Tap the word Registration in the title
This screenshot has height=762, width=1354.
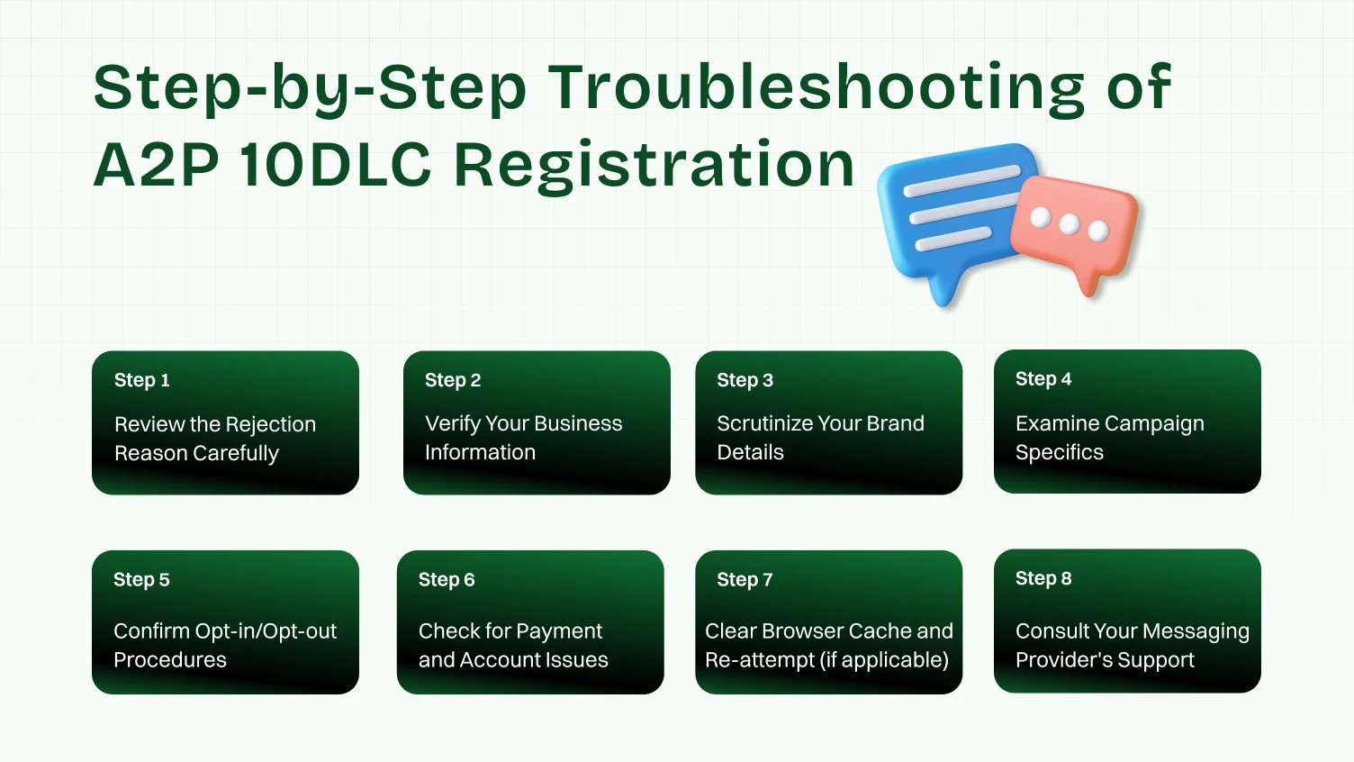point(654,165)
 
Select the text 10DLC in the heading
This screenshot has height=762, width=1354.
point(336,165)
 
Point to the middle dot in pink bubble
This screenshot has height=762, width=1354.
point(1070,224)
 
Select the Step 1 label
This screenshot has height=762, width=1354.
point(141,380)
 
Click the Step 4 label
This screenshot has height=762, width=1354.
point(1043,379)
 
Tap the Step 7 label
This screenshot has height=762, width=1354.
point(745,580)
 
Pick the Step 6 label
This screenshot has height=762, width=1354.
point(447,580)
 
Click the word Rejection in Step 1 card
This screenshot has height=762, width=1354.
point(271,424)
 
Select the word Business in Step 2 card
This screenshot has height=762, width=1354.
point(578,423)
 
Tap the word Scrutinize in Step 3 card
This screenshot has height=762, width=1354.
point(763,423)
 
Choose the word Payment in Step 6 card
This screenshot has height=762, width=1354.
point(559,631)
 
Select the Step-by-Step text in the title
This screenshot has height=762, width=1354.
point(310,87)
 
